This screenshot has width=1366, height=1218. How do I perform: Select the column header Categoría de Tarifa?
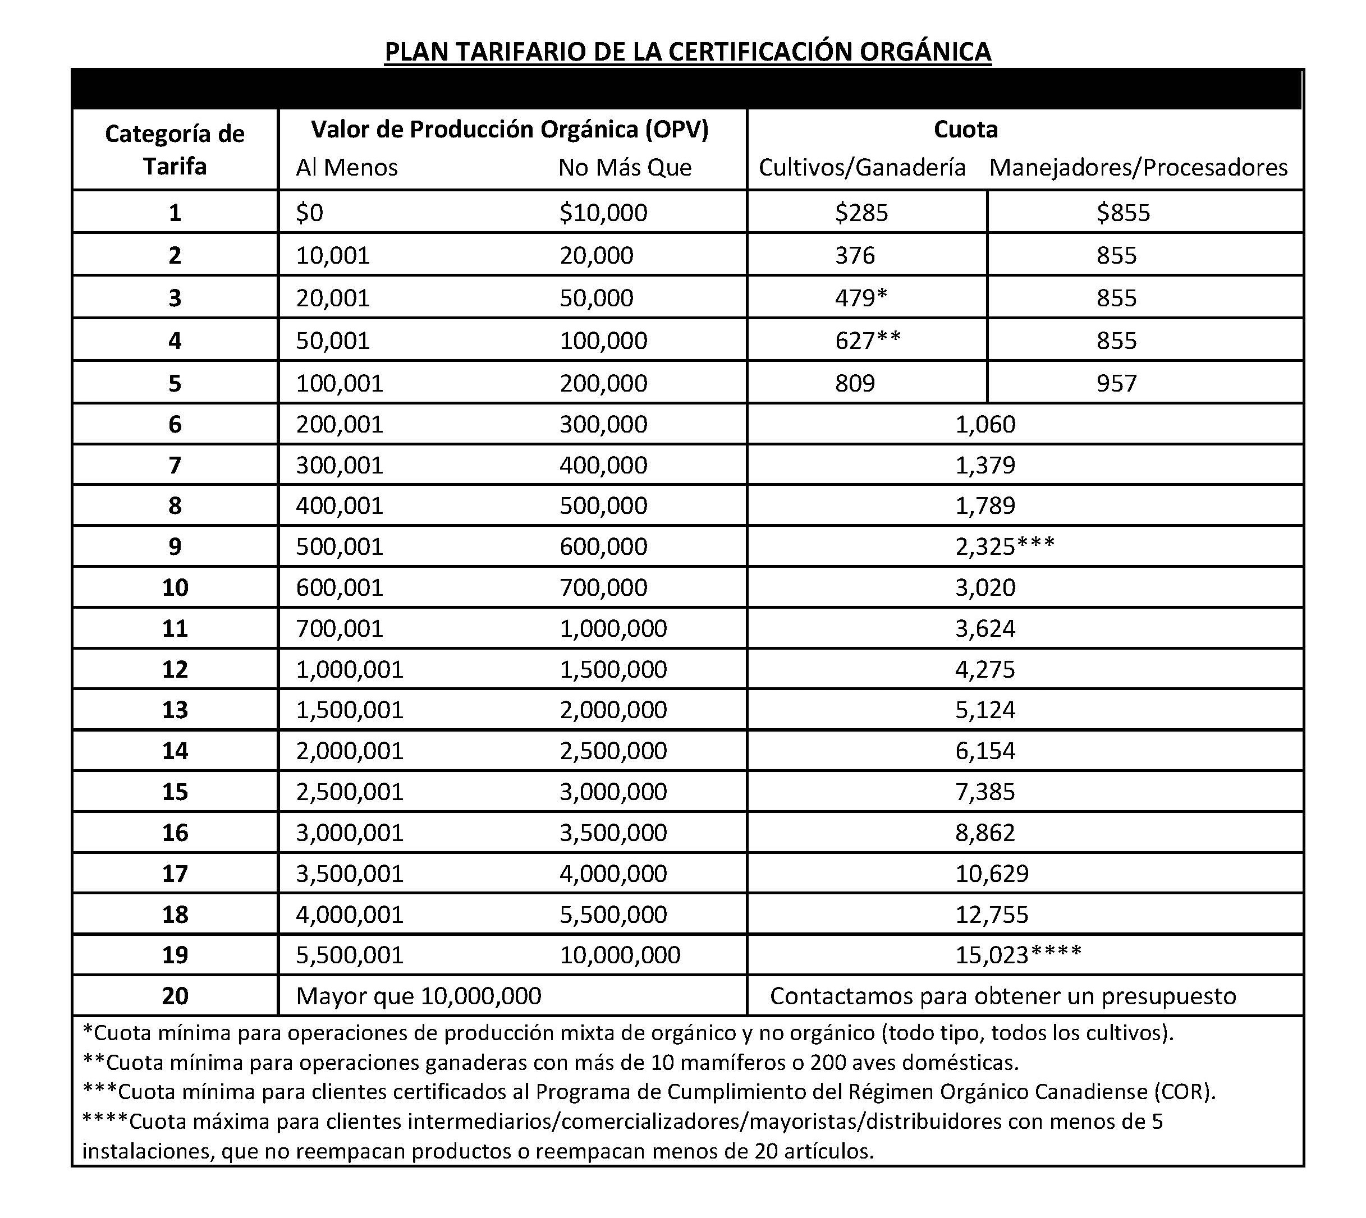175,150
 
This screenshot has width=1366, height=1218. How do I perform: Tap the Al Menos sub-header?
347,167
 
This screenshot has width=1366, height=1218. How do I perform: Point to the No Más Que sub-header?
625,167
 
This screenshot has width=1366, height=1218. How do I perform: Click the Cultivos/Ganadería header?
861,167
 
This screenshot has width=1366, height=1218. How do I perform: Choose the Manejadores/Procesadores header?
1138,167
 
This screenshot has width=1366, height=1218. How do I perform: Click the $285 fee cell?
861,213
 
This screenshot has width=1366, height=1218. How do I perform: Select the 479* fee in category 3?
861,298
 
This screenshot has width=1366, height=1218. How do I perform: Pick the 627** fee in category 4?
868,341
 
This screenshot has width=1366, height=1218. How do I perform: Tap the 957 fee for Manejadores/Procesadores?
1116,384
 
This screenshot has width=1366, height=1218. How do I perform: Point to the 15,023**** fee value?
1018,955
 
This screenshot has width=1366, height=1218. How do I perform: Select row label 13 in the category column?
175,710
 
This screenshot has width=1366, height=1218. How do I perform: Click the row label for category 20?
175,996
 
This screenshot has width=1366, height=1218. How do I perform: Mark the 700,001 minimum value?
340,628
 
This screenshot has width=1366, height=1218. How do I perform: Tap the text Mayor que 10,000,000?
418,996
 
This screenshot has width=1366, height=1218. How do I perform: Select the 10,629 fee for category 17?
991,874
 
